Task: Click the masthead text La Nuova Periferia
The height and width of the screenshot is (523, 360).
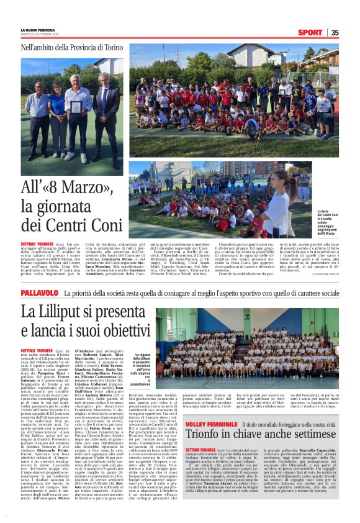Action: tap(37, 30)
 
